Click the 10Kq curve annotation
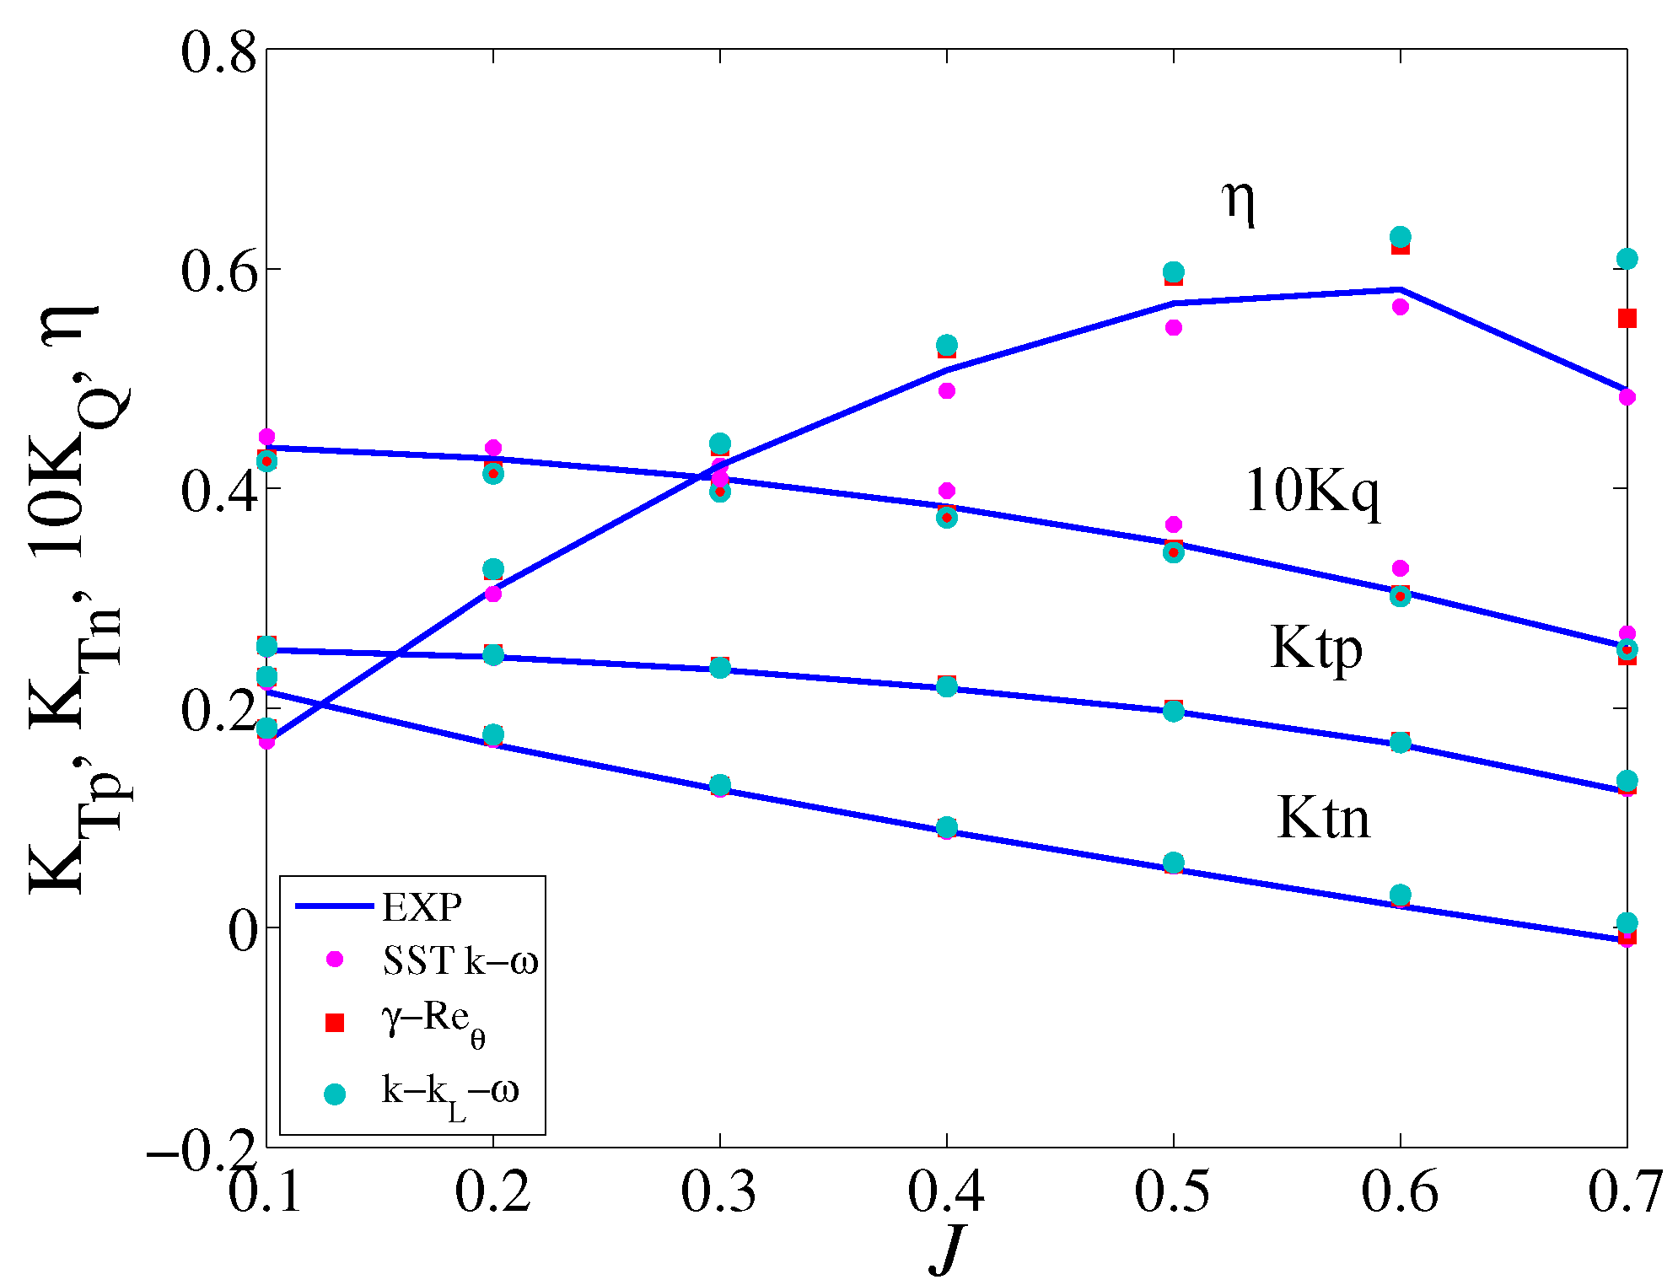tap(1312, 491)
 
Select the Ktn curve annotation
tap(1323, 817)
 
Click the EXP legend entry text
tap(422, 907)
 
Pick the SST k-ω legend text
tap(460, 960)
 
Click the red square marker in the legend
tap(335, 1023)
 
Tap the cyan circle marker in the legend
tap(335, 1094)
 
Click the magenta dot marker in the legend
tap(335, 959)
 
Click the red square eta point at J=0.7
tap(1627, 318)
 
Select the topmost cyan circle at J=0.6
tap(1400, 237)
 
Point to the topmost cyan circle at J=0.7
tap(1627, 259)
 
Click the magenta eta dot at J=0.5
tap(1173, 327)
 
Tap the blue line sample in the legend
tap(334, 906)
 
